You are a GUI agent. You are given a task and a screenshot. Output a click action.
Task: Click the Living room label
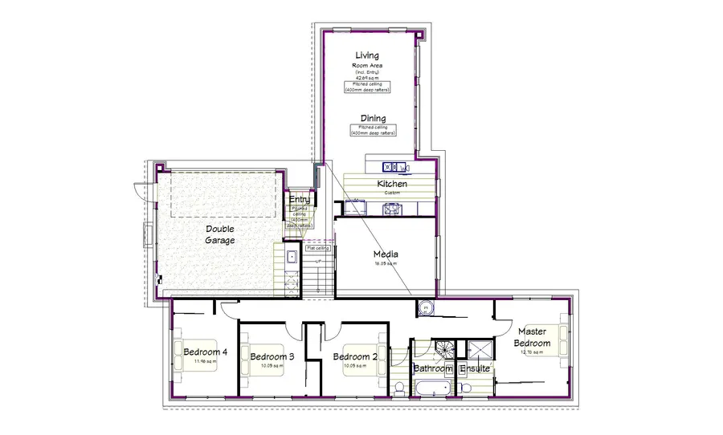(367, 55)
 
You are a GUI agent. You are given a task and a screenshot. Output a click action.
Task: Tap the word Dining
(373, 119)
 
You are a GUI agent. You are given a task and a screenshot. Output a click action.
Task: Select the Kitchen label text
(392, 184)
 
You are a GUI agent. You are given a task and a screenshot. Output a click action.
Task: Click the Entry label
(300, 199)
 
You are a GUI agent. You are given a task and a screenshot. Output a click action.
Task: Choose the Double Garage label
(220, 234)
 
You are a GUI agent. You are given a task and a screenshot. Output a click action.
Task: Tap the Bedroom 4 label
(205, 352)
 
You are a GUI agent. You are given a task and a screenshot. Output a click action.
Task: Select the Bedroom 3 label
(272, 357)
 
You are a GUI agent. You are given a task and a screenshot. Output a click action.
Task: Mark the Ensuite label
(475, 369)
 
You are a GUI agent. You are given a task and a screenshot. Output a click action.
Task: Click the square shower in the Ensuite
(480, 350)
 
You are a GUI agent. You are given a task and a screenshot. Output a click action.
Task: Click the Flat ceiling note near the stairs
(319, 249)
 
